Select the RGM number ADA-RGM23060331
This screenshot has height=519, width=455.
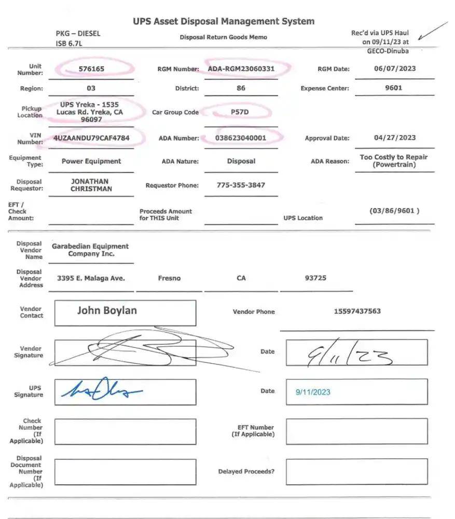point(241,69)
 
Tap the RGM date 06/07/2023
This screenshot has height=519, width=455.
point(395,69)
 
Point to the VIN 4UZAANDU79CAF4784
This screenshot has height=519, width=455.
point(91,138)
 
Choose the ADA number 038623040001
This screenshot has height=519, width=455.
point(241,138)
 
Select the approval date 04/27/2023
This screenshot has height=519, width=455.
point(395,138)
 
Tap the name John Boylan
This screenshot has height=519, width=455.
point(107,310)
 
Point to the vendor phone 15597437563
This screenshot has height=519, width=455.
point(357,311)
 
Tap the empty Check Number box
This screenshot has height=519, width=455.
point(125,431)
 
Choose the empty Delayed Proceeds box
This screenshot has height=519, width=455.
point(356,471)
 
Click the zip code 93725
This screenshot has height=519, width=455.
point(315,278)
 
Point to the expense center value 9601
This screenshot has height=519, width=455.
point(394,88)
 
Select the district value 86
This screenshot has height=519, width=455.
point(241,88)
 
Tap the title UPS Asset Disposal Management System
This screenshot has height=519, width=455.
point(224,21)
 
